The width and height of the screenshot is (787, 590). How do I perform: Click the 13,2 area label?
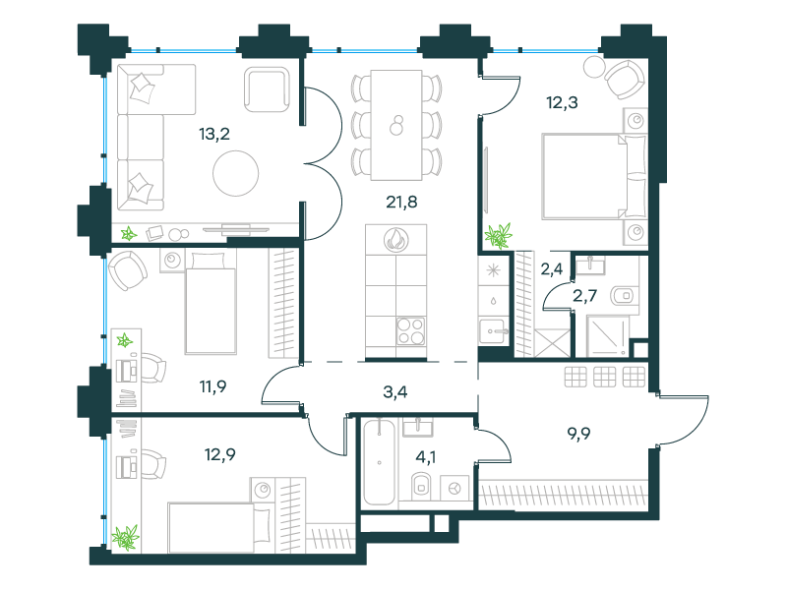pyautogui.click(x=214, y=134)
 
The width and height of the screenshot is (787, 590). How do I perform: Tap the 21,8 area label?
pyautogui.click(x=401, y=202)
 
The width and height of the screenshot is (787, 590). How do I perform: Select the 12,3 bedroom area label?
pyautogui.click(x=562, y=102)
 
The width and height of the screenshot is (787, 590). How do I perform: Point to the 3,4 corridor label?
pyautogui.click(x=395, y=391)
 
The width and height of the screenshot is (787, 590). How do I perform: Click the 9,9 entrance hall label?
pyautogui.click(x=578, y=433)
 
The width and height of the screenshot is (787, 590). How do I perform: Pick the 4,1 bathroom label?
pyautogui.click(x=426, y=457)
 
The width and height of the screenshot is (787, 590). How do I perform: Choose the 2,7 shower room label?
pyautogui.click(x=584, y=296)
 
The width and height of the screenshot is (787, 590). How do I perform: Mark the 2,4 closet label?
pyautogui.click(x=552, y=269)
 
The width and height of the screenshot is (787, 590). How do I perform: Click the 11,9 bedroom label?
pyautogui.click(x=212, y=386)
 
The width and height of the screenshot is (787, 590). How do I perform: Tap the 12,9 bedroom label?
pyautogui.click(x=219, y=454)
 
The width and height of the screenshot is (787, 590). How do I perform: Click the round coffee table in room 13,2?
pyautogui.click(x=235, y=174)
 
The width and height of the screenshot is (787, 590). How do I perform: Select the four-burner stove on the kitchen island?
pyautogui.click(x=411, y=331)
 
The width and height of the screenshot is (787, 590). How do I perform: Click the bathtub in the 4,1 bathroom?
pyautogui.click(x=380, y=462)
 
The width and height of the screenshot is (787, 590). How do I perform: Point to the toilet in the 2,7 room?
pyautogui.click(x=623, y=296)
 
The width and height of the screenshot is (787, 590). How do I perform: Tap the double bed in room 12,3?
pyautogui.click(x=594, y=176)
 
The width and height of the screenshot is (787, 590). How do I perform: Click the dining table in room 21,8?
pyautogui.click(x=396, y=125)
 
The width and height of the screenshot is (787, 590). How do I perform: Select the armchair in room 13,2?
pyautogui.click(x=267, y=89)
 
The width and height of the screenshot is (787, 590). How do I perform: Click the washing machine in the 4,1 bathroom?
pyautogui.click(x=454, y=488)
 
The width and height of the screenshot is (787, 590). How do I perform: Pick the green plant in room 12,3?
pyautogui.click(x=499, y=236)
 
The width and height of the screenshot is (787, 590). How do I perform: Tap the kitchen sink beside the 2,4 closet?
pyautogui.click(x=492, y=331)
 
